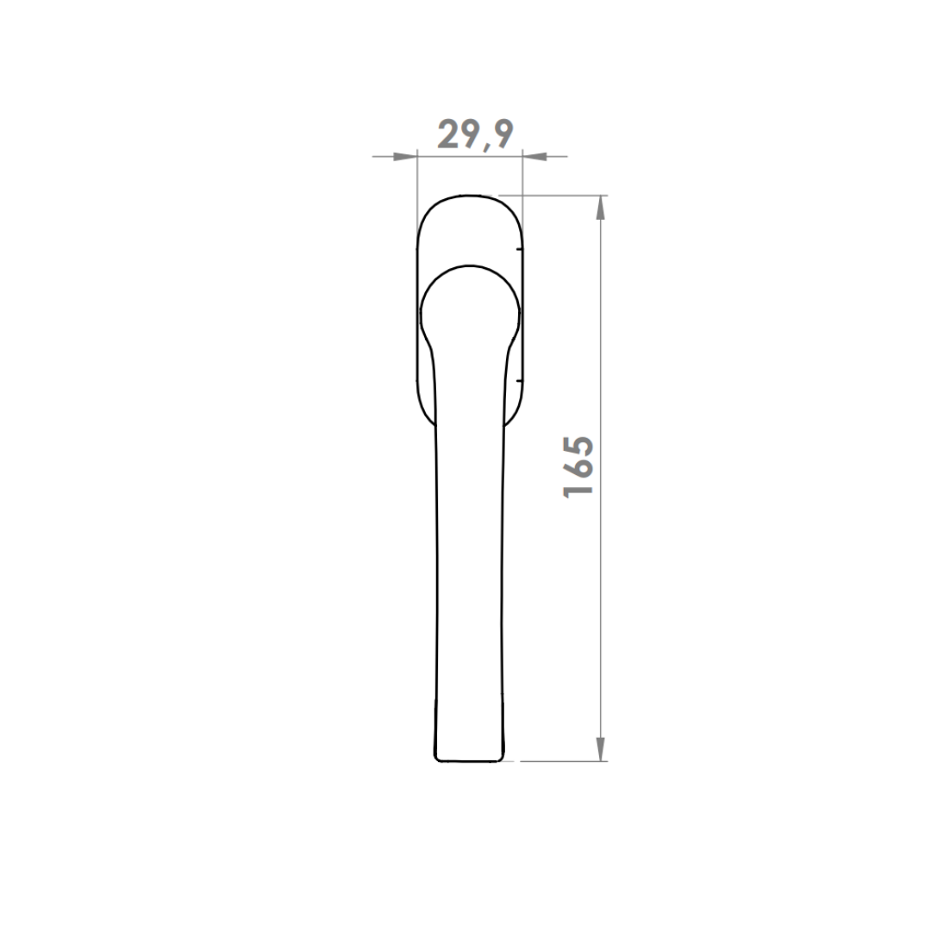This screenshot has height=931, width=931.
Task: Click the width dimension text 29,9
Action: click(475, 134)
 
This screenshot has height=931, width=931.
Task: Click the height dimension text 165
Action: click(578, 466)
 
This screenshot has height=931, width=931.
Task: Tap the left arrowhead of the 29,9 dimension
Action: click(405, 157)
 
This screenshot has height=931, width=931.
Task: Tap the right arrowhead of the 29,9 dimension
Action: click(534, 157)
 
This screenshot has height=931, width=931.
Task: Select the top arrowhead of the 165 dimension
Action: click(601, 207)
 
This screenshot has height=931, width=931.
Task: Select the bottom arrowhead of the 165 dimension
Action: click(601, 748)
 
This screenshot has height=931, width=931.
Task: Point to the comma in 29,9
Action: click(487, 146)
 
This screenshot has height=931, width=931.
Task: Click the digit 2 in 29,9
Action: click(448, 134)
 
